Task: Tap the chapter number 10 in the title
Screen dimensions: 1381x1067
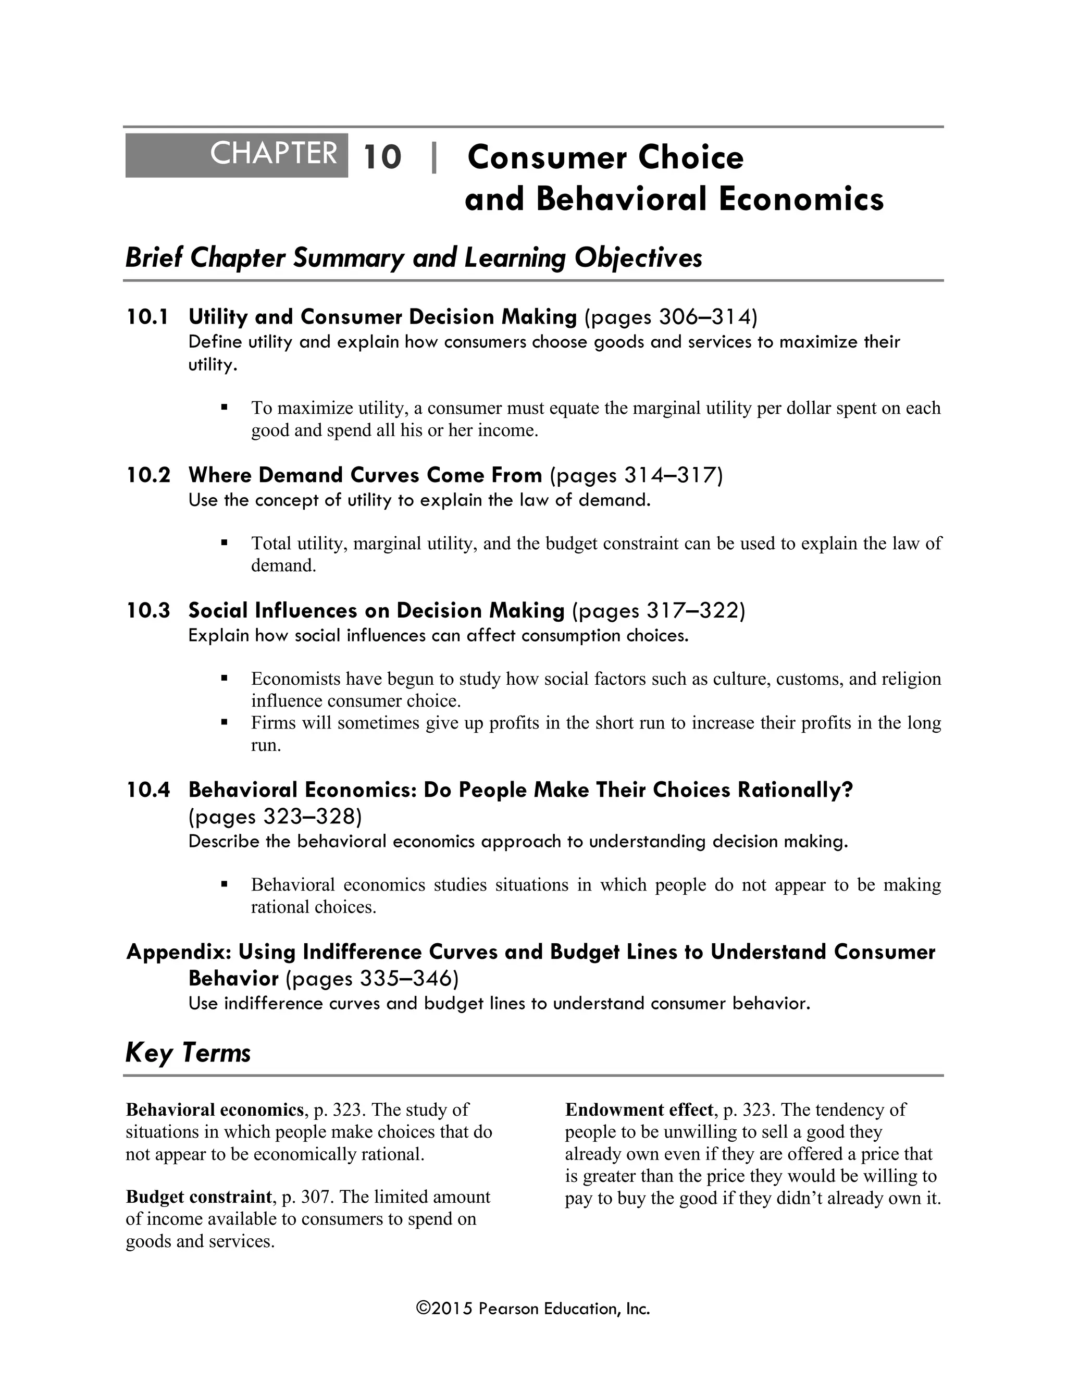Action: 382,157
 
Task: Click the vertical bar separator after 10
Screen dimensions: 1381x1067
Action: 433,157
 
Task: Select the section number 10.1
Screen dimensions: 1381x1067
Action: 147,317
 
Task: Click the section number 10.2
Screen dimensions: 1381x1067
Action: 148,475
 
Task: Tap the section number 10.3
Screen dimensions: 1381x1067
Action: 148,610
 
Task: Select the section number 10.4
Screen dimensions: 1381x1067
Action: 148,790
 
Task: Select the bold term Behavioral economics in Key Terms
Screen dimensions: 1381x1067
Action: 214,1109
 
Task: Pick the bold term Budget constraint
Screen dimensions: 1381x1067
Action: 198,1197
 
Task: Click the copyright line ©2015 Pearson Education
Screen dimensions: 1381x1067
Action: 533,1308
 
